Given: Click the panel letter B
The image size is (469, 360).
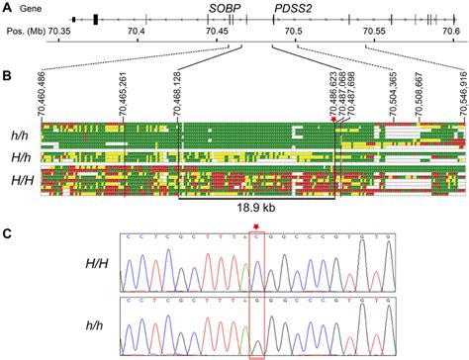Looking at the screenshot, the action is pyautogui.click(x=7, y=75).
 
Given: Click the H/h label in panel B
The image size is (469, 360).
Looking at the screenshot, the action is pyautogui.click(x=19, y=156).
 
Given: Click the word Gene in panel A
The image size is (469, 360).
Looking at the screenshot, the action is pyautogui.click(x=41, y=7).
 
